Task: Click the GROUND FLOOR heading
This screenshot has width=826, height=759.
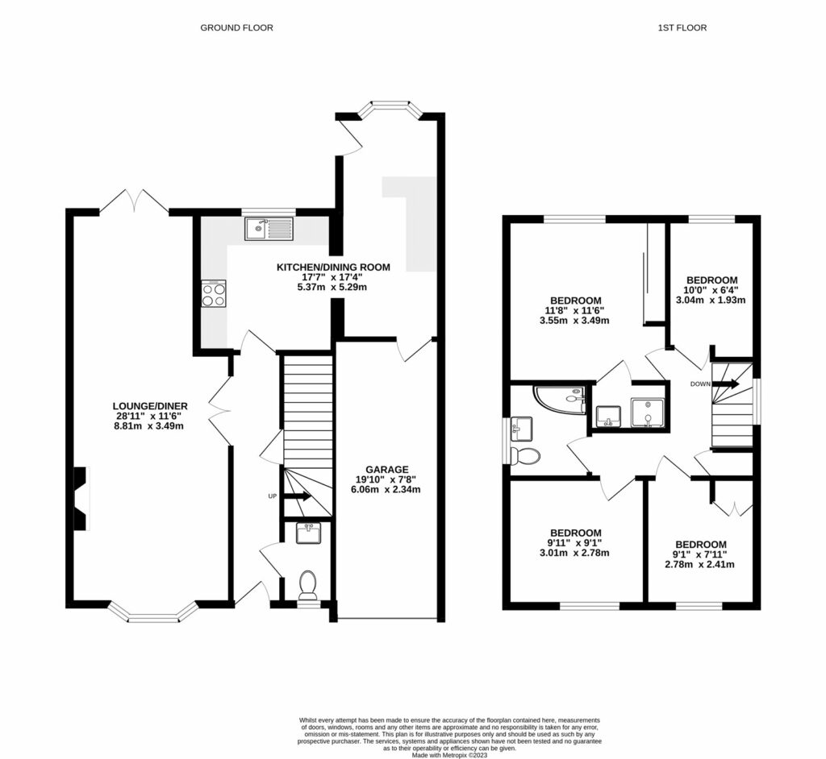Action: click(x=236, y=27)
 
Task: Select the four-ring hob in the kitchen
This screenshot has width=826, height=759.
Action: click(x=214, y=293)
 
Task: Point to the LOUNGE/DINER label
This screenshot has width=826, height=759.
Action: click(x=150, y=405)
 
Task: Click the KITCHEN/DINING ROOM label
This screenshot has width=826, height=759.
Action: click(x=333, y=267)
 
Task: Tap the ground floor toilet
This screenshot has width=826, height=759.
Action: click(x=307, y=583)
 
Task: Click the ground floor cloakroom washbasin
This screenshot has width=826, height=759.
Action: click(x=308, y=533)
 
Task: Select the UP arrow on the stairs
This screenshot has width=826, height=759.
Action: click(x=295, y=496)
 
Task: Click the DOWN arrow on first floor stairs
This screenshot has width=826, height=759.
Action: click(x=724, y=384)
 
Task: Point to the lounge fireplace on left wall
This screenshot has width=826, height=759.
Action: click(x=81, y=500)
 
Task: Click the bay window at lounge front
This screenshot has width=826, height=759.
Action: click(x=153, y=616)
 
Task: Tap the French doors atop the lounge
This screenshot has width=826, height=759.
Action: click(x=134, y=201)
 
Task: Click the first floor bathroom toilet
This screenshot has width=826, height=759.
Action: click(x=525, y=457)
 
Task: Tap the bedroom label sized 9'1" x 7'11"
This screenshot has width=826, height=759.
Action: click(x=700, y=544)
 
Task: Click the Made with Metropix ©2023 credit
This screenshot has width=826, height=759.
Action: click(x=413, y=755)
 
